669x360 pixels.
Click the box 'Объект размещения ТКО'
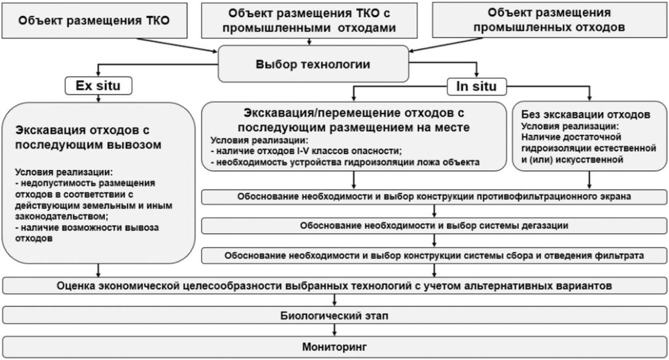tap(94, 19)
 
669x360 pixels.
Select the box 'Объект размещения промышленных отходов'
tap(549, 20)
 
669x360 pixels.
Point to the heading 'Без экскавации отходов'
tap(585, 114)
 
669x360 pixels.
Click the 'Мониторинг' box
tap(334, 347)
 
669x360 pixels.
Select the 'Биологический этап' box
tap(334, 316)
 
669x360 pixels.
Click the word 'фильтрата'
tap(622, 255)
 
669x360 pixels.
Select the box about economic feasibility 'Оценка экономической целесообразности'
tap(334, 286)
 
